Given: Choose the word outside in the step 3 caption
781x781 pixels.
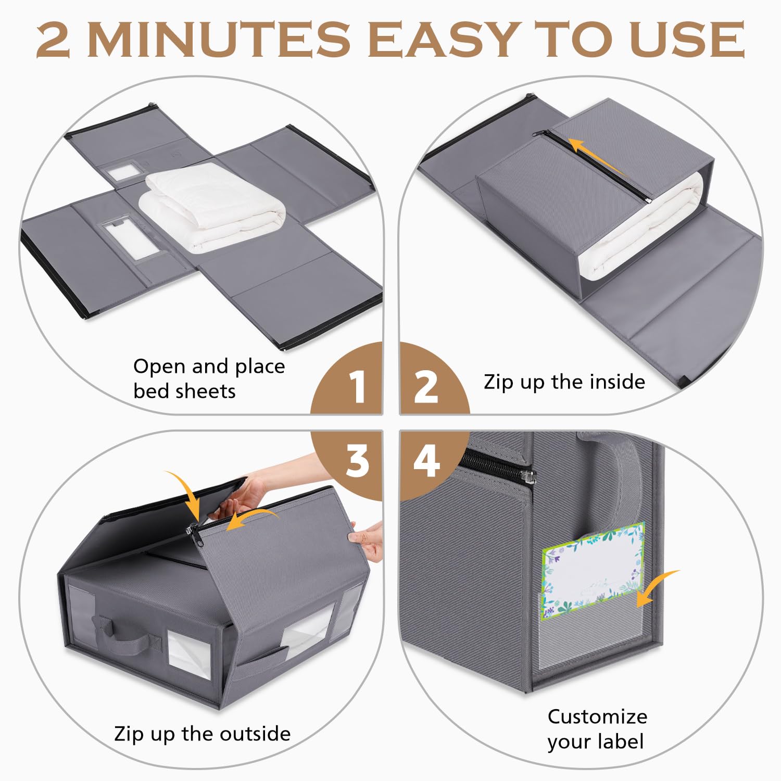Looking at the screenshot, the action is point(255,734).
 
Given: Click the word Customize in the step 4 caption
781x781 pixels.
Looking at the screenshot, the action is point(597,717).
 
